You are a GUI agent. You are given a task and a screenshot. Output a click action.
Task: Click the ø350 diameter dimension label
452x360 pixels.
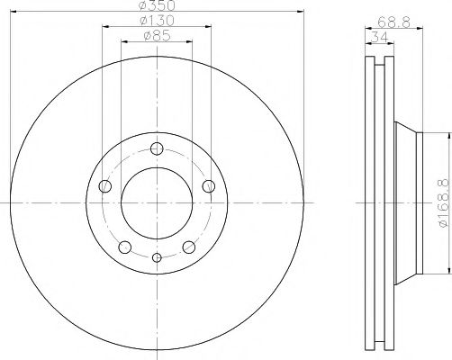click(157, 6)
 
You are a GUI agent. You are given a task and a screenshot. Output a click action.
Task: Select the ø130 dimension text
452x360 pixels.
click(157, 21)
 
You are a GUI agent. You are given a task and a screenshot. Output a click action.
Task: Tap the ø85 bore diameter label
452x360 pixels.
click(157, 37)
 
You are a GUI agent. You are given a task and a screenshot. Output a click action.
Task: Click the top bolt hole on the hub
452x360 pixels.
click(157, 149)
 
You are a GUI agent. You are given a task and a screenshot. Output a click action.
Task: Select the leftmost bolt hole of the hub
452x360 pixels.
click(104, 186)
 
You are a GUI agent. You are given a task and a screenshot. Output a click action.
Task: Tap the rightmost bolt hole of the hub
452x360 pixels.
click(210, 186)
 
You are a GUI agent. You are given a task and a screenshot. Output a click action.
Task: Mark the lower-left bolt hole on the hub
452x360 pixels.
click(125, 248)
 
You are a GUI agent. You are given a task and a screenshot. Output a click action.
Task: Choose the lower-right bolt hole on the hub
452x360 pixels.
click(189, 248)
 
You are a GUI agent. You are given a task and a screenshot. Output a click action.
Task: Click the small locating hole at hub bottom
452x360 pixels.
click(157, 259)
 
